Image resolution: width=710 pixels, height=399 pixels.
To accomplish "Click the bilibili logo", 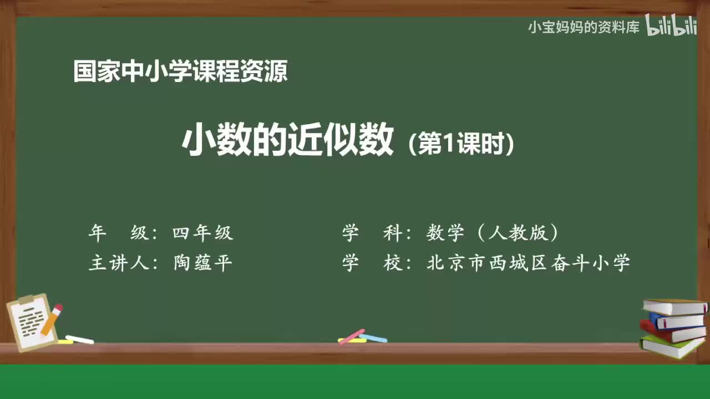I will click(x=671, y=27).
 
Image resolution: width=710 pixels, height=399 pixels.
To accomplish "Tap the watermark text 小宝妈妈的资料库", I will click(x=584, y=27).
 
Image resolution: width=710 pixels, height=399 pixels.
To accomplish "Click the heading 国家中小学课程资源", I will click(x=180, y=72).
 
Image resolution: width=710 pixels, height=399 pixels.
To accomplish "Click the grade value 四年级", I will click(x=203, y=233).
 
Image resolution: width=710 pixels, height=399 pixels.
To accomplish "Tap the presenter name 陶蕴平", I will click(x=203, y=263).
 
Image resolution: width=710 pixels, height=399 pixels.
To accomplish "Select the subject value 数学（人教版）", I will click(x=493, y=233).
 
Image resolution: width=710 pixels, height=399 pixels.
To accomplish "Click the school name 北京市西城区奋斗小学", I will click(x=528, y=263).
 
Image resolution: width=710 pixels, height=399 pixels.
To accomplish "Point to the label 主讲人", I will click(x=120, y=263).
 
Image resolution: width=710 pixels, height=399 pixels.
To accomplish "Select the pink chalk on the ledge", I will click(x=351, y=336).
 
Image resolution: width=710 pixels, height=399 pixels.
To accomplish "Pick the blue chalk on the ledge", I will click(x=373, y=337).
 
